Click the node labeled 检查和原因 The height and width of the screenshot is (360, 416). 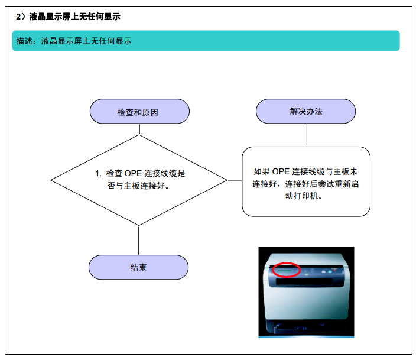tap(139, 112)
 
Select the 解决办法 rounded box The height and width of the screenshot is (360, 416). tap(305, 111)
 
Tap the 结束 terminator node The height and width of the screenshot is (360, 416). tap(138, 267)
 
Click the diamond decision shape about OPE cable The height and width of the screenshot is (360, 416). tap(139, 180)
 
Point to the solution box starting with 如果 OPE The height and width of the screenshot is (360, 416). tap(306, 181)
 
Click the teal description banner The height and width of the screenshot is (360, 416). tap(206, 41)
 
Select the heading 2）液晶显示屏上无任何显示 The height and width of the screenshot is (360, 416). tap(68, 17)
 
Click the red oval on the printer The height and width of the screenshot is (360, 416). tap(286, 270)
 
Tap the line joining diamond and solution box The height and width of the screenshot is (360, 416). tap(235, 181)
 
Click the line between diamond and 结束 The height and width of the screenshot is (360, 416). tap(138, 241)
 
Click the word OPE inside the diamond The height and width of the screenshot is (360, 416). tap(133, 173)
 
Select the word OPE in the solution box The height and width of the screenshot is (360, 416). tap(281, 171)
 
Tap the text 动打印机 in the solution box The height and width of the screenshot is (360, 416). tap(301, 196)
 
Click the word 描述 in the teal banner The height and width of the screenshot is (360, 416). tap(24, 41)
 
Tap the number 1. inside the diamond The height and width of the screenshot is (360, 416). tap(99, 173)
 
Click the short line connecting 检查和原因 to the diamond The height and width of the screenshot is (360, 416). tap(139, 129)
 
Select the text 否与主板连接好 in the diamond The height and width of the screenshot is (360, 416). tap(136, 186)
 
